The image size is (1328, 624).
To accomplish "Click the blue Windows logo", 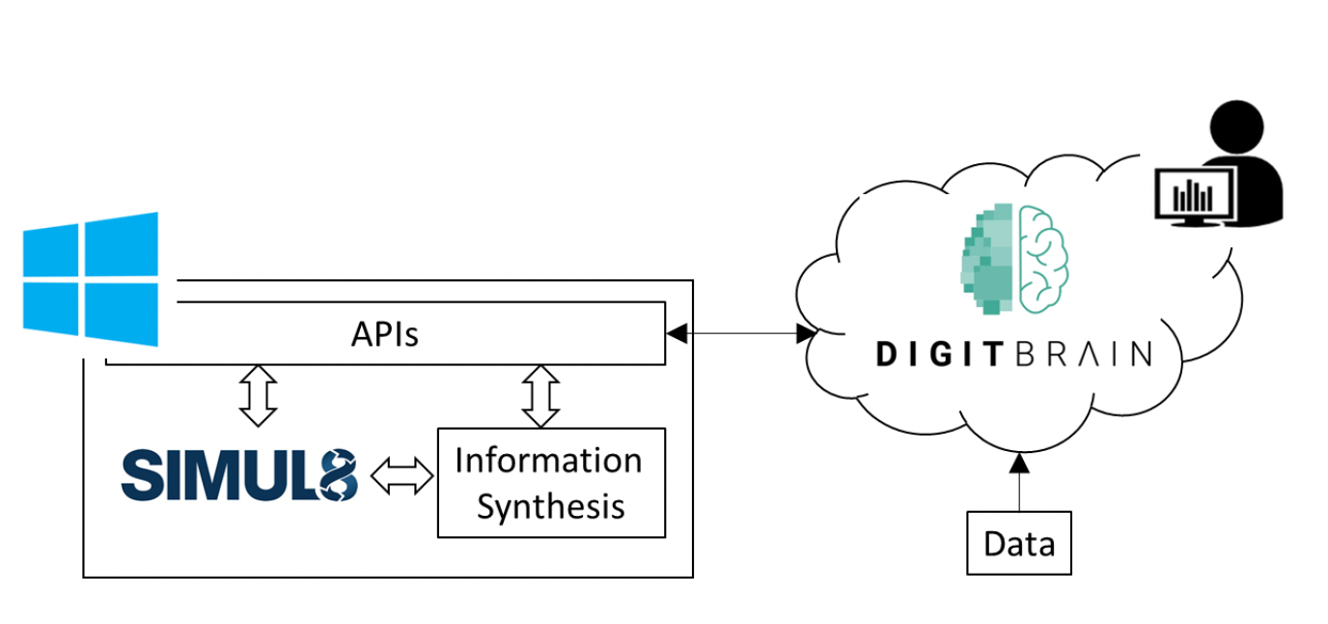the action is coord(91,279).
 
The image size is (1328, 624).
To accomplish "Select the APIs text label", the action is coord(385,334).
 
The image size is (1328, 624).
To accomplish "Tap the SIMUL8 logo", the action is coord(239,475).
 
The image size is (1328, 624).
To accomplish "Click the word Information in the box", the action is coord(548,461).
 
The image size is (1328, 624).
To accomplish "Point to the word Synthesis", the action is coord(551,507).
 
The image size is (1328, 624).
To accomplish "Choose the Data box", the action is coord(1019,543).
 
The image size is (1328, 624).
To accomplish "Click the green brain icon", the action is coord(1014,259).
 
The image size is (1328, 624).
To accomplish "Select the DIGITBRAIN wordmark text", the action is coord(1014,355).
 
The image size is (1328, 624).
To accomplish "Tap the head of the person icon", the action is coord(1236,127).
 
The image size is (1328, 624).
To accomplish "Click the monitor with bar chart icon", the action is coord(1195,197).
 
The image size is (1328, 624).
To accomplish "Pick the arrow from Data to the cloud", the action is coord(1019,482).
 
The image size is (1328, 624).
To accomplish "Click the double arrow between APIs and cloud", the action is coord(741,333).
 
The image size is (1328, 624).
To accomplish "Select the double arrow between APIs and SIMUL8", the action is coord(259,396).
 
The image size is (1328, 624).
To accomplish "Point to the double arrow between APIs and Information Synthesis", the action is coord(540,396).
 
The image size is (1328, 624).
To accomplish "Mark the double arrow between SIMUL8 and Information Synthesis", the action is coord(401,475).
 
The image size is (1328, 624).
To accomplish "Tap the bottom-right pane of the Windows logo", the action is coord(122,314).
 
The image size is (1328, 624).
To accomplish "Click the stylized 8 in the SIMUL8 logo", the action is coord(339,475).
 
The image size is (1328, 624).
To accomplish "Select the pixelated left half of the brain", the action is coord(986,259).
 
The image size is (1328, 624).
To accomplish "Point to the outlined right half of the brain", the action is coord(1043,259).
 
